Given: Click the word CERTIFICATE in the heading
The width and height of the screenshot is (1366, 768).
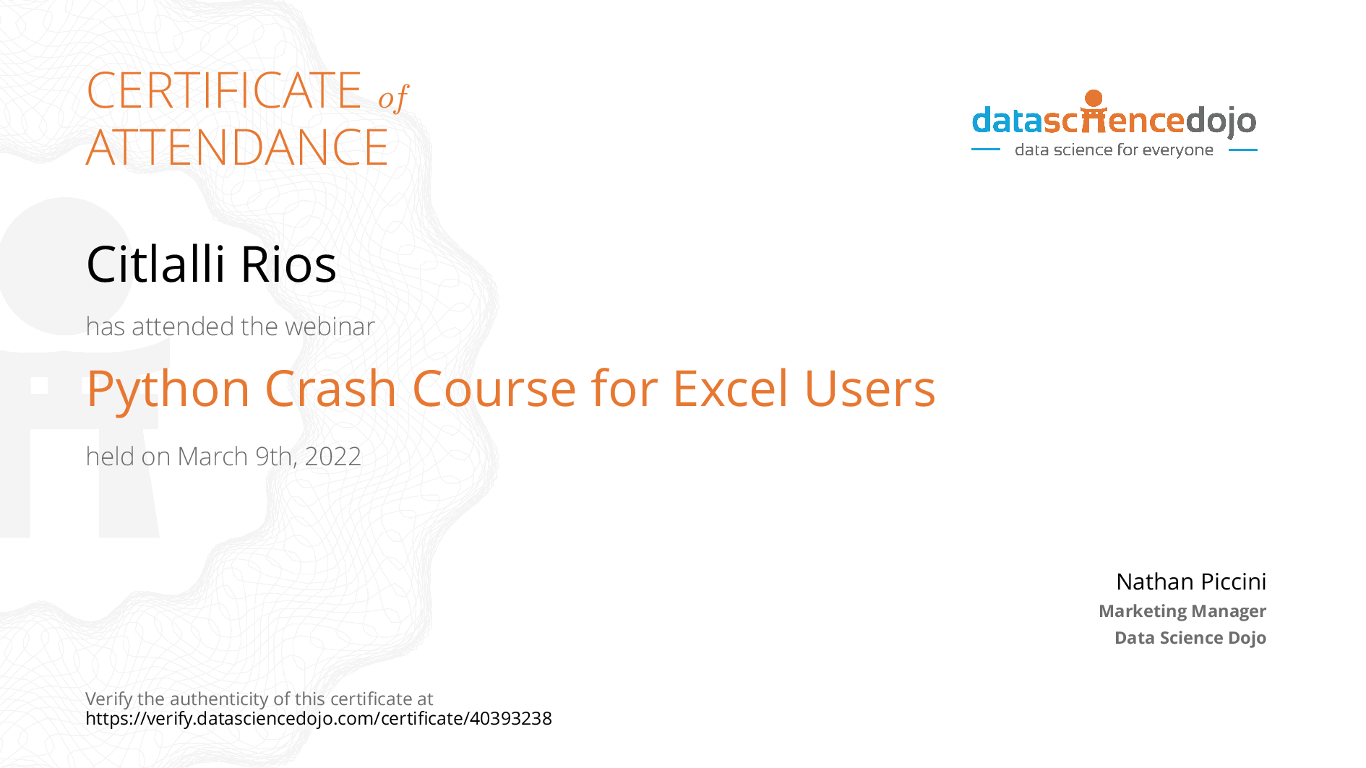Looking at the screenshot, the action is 224,90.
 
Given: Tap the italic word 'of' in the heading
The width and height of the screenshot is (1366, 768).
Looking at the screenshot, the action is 393,98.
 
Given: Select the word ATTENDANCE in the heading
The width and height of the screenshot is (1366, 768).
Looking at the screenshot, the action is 237,147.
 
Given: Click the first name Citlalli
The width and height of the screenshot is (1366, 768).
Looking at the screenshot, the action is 155,264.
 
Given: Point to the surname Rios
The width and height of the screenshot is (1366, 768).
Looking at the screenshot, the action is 288,264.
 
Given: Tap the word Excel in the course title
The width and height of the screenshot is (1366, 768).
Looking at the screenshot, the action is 730,389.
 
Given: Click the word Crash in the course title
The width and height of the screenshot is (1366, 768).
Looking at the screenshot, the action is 331,389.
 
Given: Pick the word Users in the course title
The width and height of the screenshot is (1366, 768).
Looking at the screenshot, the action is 869,389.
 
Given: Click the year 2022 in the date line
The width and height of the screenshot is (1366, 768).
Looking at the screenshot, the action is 332,457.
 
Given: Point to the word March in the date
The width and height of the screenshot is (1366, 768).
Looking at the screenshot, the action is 212,457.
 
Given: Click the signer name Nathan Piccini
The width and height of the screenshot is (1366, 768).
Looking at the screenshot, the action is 1191,582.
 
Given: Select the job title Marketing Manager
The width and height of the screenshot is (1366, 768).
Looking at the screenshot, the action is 1182,611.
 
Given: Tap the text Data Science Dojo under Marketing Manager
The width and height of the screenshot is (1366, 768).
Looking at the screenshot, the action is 1190,638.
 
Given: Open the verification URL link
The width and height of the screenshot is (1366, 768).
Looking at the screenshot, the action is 319,719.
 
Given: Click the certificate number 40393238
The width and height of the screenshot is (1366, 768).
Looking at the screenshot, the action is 511,718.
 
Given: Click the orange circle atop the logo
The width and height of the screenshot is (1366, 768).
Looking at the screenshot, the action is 1094,98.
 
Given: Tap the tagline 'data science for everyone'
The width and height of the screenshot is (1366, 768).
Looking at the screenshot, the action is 1114,150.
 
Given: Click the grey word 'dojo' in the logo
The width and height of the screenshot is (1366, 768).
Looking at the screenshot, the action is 1221,121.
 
